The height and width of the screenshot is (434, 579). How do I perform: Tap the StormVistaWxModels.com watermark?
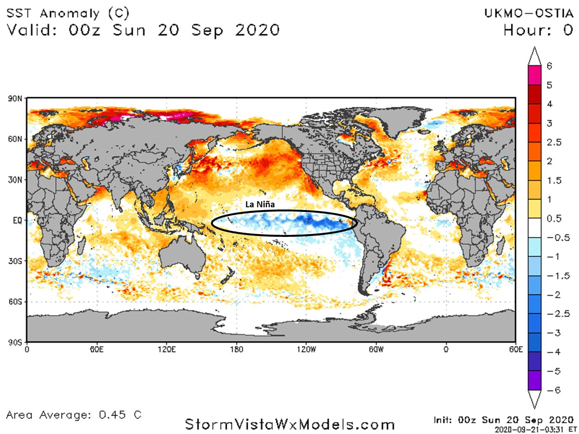click(289, 423)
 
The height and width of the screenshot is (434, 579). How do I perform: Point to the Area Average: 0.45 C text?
click(75, 414)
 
